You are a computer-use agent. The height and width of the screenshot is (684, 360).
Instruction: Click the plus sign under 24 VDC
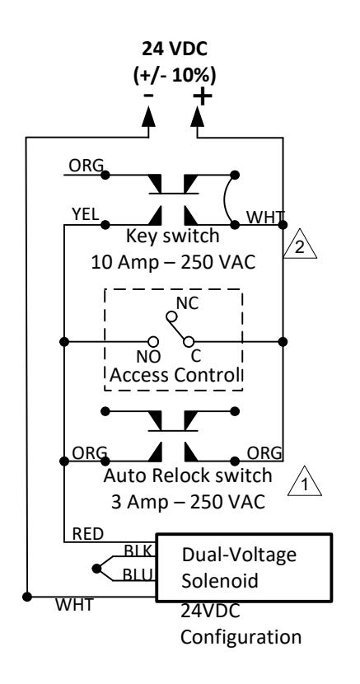[x=203, y=97]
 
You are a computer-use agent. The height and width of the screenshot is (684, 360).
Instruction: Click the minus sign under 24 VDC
[x=148, y=96]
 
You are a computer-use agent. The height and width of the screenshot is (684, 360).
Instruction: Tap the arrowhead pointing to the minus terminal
[x=148, y=116]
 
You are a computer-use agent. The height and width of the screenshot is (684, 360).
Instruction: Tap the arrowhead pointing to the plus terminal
[x=198, y=116]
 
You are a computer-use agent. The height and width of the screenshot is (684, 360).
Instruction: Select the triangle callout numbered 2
[x=300, y=243]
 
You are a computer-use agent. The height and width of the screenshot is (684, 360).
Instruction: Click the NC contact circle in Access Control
[x=172, y=316]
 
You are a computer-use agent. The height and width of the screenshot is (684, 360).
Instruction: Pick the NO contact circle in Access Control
[x=153, y=341]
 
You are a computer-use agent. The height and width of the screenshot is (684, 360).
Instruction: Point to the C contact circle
[x=189, y=341]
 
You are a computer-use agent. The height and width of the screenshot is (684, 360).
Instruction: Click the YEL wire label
[x=86, y=214]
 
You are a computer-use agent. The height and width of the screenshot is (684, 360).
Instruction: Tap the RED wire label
[x=88, y=533]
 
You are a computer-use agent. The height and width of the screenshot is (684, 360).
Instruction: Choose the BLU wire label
[x=138, y=575]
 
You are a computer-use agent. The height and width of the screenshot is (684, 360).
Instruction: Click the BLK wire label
[x=138, y=550]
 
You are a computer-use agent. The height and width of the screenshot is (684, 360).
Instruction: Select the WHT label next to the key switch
[x=265, y=217]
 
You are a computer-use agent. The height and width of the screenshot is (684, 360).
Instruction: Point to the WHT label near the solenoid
[x=73, y=605]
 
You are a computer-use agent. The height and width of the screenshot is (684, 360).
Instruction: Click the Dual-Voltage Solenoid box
[x=244, y=567]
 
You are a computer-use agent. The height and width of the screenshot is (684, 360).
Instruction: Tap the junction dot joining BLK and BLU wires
[x=96, y=569]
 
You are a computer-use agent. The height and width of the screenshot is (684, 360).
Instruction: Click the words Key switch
[x=173, y=236]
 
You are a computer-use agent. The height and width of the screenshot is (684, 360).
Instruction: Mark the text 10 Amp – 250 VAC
[x=173, y=262]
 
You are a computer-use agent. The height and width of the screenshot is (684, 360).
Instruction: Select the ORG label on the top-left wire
[x=86, y=166]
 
